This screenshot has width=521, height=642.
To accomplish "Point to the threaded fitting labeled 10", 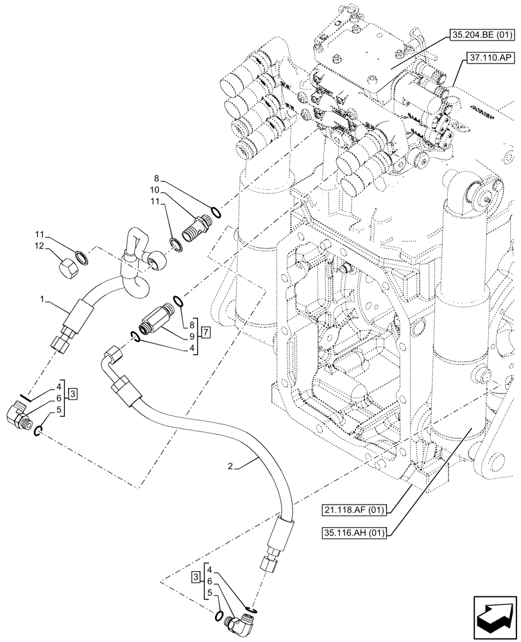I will [192, 229].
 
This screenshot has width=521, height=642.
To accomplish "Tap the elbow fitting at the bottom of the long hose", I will [240, 621].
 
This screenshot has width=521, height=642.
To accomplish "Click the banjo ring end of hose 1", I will [154, 261].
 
